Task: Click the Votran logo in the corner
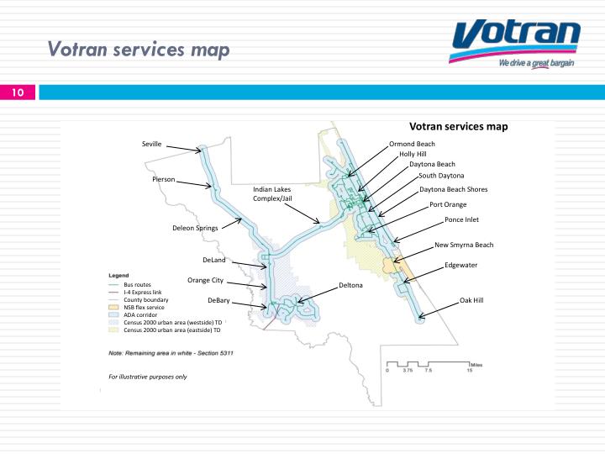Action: pos(515,44)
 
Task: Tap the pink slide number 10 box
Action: pos(18,92)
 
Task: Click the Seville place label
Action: pos(151,144)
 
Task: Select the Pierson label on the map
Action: pos(164,179)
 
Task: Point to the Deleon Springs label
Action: pos(195,228)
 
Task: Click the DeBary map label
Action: pos(218,300)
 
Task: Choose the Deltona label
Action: pos(350,285)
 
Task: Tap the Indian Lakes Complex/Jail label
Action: pos(272,194)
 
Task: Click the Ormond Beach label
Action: pos(412,144)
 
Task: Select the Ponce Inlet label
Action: pos(461,219)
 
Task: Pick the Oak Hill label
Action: pos(471,300)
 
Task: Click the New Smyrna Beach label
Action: pos(464,245)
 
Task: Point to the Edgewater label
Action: pos(461,265)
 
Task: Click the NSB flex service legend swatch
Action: pos(113,308)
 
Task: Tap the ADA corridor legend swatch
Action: pos(113,314)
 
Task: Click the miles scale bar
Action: pos(429,364)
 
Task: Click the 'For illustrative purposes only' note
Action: pos(148,377)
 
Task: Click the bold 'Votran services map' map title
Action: pos(459,127)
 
